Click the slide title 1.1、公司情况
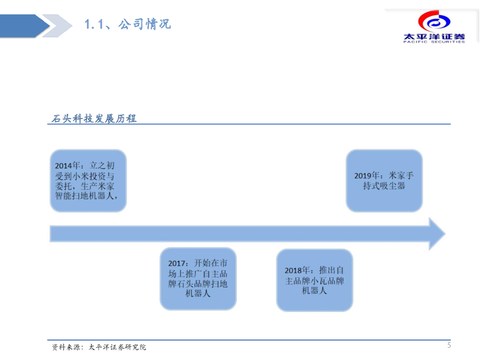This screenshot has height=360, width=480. pyautogui.click(x=127, y=24)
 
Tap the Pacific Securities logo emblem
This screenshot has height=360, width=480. pyautogui.click(x=434, y=22)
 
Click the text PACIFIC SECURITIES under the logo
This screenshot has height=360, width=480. pyautogui.click(x=434, y=42)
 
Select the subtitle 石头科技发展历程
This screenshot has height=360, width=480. pyautogui.click(x=94, y=119)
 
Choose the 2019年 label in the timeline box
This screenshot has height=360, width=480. pyautogui.click(x=368, y=176)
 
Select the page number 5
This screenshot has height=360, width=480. pyautogui.click(x=449, y=346)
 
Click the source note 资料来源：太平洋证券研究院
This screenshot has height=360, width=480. pyautogui.click(x=99, y=347)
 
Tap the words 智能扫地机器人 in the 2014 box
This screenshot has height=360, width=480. pyautogui.click(x=87, y=195)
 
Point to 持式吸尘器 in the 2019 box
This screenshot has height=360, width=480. pyautogui.click(x=384, y=186)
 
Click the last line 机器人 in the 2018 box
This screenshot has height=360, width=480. pyautogui.click(x=314, y=291)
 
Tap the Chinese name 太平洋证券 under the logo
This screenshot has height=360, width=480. pyautogui.click(x=434, y=36)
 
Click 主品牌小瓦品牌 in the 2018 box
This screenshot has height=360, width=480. pyautogui.click(x=315, y=281)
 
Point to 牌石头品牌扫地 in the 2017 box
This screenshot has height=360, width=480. pyautogui.click(x=198, y=284)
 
